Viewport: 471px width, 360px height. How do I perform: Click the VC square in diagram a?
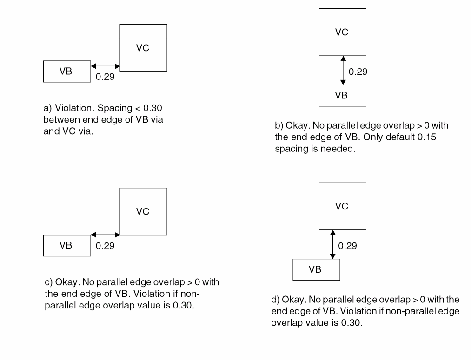point(143,48)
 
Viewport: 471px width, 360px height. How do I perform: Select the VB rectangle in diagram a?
point(66,72)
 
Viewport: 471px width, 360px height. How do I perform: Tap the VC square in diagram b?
point(342,33)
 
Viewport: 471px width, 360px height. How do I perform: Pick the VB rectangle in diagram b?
point(342,96)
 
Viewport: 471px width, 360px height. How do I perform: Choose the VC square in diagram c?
point(143,211)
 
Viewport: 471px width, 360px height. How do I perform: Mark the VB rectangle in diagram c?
point(66,246)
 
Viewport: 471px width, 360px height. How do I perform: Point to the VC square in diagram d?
point(342,206)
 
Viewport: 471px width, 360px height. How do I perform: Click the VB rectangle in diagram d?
point(316,270)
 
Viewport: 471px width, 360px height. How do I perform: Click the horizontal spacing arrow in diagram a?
point(106,67)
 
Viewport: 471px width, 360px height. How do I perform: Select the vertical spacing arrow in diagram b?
point(343,70)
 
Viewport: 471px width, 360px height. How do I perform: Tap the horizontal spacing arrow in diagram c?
point(106,235)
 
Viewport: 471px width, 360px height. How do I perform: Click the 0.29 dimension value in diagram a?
point(105,77)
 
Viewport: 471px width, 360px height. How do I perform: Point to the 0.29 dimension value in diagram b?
point(358,72)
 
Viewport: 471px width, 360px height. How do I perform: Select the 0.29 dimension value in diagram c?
point(105,246)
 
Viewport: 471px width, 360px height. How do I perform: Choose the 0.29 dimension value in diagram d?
point(348,246)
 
